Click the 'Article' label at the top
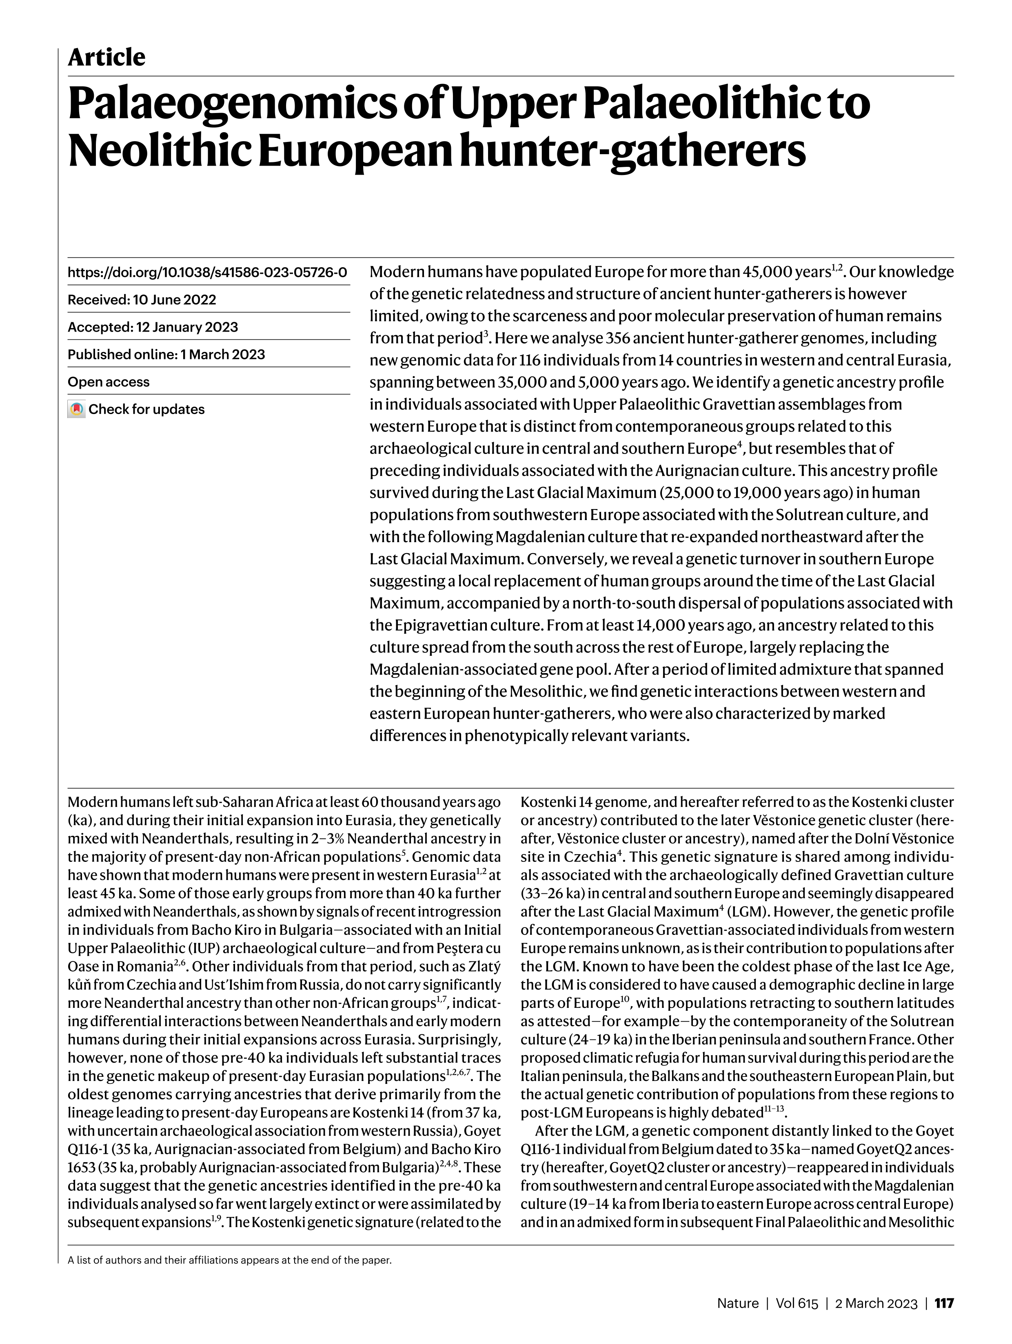point(107,58)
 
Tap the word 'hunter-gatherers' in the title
point(632,151)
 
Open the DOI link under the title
point(207,272)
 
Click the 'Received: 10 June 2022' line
point(142,299)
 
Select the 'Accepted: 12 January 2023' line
point(153,327)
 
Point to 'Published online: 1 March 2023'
point(166,354)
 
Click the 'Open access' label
point(108,381)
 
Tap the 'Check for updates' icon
point(76,410)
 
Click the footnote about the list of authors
point(230,1260)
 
